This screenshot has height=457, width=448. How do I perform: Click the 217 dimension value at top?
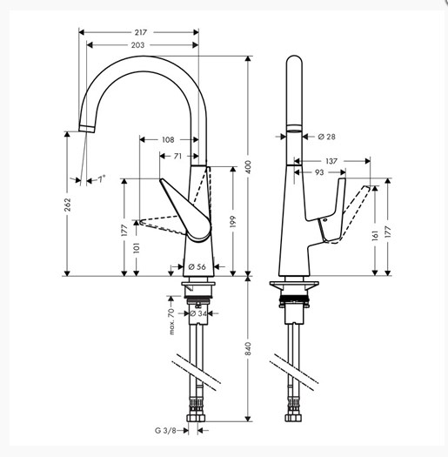click(x=141, y=32)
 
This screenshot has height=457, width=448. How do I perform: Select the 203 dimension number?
click(x=137, y=45)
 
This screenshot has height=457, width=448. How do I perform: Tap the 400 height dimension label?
click(x=248, y=167)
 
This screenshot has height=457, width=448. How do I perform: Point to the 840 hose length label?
click(x=248, y=349)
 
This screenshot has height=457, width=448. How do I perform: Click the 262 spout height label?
click(x=67, y=205)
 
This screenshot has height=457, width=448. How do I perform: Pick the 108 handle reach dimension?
click(x=168, y=140)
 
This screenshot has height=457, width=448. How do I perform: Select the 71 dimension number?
click(x=177, y=156)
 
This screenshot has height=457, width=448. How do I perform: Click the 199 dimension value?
click(x=233, y=222)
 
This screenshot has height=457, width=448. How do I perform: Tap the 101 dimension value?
click(x=137, y=248)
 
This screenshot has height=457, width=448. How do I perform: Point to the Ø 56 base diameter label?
click(x=197, y=266)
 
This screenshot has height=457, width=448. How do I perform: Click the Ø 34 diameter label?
click(x=198, y=313)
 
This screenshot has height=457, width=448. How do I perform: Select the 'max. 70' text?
click(x=171, y=321)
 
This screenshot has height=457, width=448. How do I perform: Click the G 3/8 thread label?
click(x=165, y=431)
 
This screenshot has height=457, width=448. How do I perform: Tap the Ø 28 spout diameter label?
click(x=326, y=137)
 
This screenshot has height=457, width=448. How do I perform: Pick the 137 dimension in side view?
click(x=331, y=161)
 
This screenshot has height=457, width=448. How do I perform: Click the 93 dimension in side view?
click(x=319, y=172)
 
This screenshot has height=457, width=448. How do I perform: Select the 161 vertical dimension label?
click(x=375, y=236)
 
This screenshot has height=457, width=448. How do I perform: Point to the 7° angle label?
click(x=101, y=178)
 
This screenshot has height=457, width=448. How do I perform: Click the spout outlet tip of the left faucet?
click(x=87, y=129)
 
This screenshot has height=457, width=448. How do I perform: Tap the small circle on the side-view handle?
click(x=324, y=219)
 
